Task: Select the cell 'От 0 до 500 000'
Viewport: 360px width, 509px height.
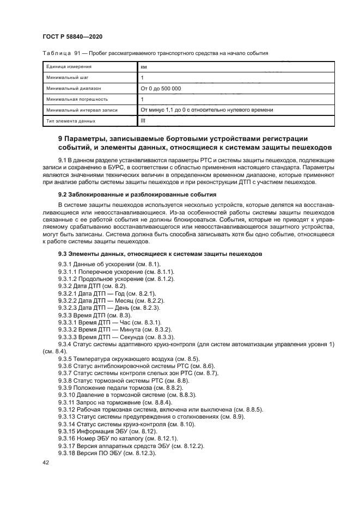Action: (x=161, y=88)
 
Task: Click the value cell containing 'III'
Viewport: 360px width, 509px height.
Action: (x=143, y=120)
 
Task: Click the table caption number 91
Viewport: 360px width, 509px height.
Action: (x=69, y=53)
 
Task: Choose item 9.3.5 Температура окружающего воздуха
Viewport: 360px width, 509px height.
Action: (x=121, y=359)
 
